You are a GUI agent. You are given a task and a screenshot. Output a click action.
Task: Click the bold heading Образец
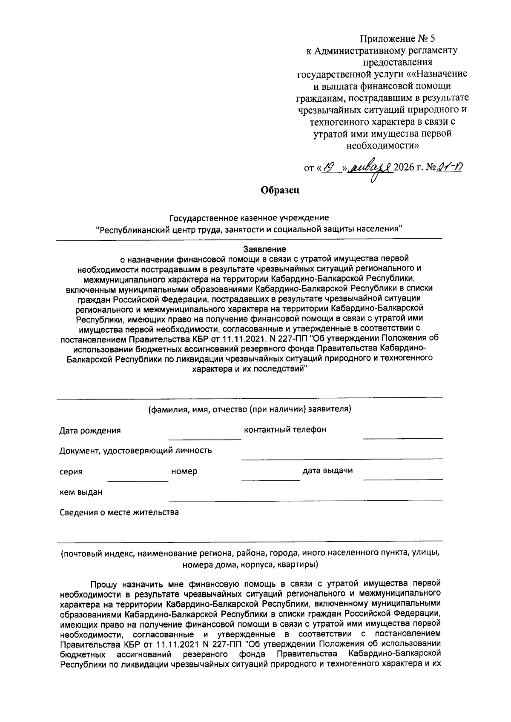[x=280, y=190]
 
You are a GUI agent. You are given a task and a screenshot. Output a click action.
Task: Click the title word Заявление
[x=264, y=249]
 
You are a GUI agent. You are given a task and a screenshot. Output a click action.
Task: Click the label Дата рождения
[x=90, y=431]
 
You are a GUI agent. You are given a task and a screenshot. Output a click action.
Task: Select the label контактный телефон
[x=285, y=429]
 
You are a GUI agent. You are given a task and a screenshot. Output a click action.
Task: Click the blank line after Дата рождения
[x=205, y=438]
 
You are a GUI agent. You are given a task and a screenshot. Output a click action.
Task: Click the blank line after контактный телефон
[x=402, y=437]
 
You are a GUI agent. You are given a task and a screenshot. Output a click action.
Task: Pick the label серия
[x=71, y=472]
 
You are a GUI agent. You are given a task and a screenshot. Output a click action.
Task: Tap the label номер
[x=184, y=471]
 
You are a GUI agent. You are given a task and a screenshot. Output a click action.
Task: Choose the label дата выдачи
[x=327, y=471]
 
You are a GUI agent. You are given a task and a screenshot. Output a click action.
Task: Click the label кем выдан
[x=81, y=492]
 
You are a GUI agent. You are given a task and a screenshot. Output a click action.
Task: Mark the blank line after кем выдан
[x=305, y=499]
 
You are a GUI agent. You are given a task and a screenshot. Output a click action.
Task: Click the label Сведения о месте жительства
[x=119, y=512]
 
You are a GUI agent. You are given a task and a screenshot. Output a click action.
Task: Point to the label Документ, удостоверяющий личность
[x=135, y=451]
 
